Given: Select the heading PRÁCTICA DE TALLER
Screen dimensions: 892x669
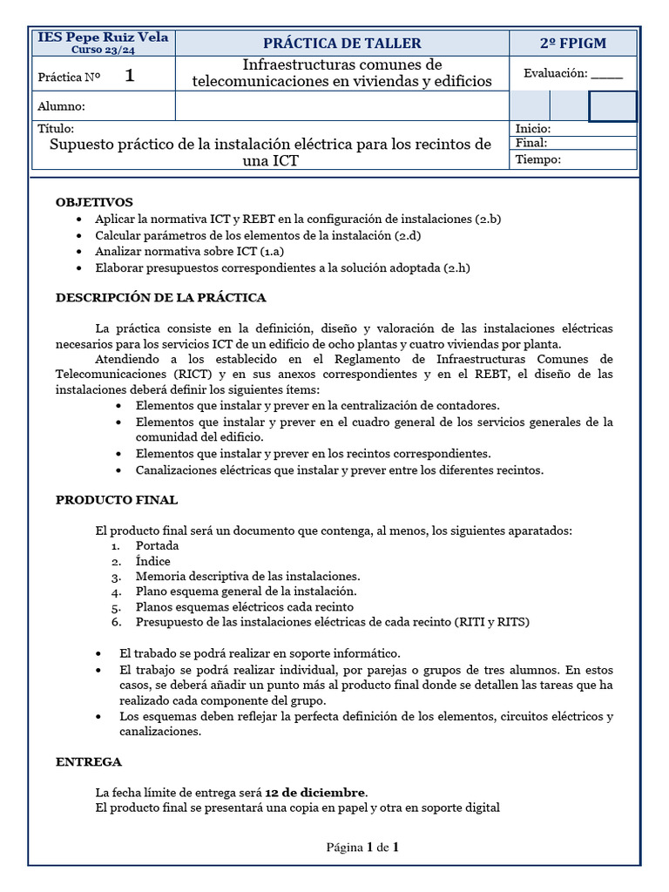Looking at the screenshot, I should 341,44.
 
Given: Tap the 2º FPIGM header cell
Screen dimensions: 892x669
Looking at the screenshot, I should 572,44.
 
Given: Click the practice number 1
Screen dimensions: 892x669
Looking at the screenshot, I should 130,76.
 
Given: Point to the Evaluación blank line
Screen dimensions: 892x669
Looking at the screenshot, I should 607,75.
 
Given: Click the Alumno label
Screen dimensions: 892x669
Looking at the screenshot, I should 61,106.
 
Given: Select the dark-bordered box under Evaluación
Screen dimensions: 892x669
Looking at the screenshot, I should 612,106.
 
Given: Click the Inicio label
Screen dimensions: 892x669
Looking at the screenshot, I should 533,129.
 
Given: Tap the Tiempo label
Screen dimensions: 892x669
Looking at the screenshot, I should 537,159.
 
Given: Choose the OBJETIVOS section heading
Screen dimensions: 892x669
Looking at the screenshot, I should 94,202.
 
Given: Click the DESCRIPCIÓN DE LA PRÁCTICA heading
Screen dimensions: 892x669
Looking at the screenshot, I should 160,298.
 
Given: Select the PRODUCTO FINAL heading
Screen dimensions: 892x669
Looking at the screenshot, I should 117,500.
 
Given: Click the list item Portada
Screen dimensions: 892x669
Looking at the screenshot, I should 157,546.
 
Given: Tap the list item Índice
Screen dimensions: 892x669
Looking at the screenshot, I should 152,562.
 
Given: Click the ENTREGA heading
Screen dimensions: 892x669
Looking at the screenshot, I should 89,761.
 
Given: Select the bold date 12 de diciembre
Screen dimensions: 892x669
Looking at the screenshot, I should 315,793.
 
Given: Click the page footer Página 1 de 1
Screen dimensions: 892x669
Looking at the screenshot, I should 362,847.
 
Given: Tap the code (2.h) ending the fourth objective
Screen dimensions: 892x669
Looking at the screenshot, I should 456,268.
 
